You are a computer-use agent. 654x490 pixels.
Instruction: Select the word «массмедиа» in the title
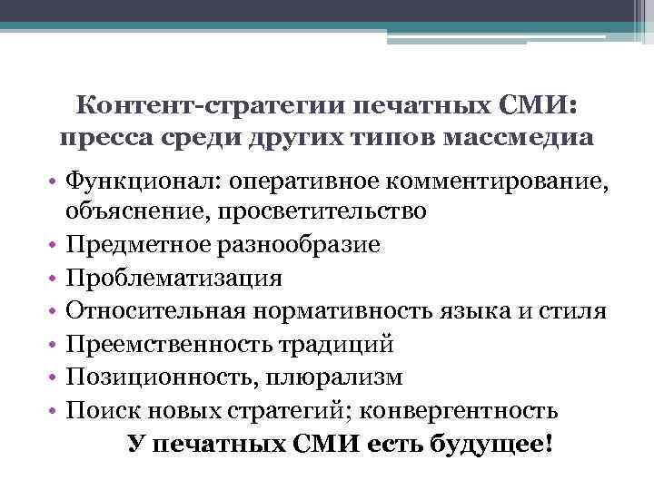(523, 139)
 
